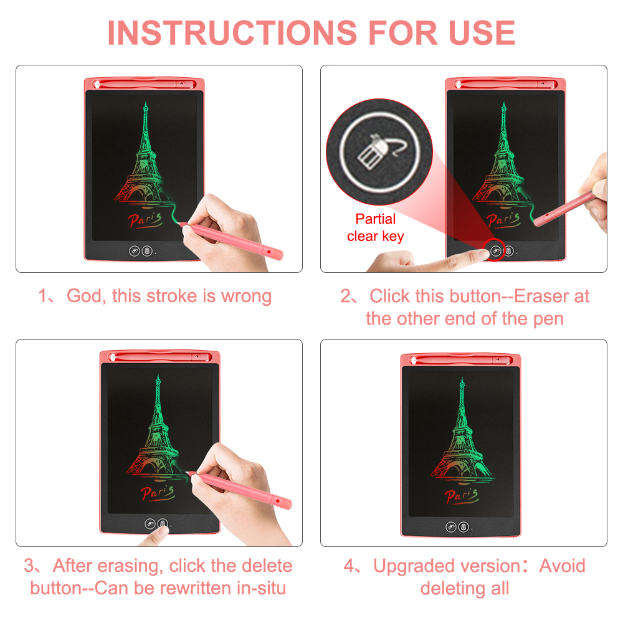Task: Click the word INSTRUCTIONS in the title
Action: [232, 32]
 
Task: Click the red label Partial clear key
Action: [375, 227]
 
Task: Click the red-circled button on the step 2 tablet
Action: [496, 251]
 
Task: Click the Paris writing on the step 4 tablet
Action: [460, 495]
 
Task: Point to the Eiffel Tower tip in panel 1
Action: [144, 103]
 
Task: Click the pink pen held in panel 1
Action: [237, 242]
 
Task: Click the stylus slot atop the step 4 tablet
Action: [461, 359]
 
